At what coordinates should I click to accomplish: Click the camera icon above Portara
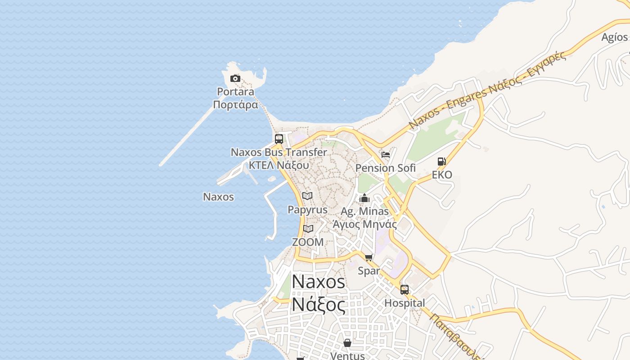pyautogui.click(x=235, y=79)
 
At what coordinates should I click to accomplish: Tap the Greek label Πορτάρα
pyautogui.click(x=236, y=105)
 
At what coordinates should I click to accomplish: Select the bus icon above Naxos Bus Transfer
pyautogui.click(x=279, y=139)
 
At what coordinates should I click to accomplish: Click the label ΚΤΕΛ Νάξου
pyautogui.click(x=279, y=165)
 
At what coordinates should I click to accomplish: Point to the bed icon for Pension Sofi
pyautogui.click(x=386, y=155)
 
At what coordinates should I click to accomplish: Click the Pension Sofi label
pyautogui.click(x=386, y=168)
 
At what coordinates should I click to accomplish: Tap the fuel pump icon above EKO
pyautogui.click(x=442, y=162)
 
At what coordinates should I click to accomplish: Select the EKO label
pyautogui.click(x=442, y=175)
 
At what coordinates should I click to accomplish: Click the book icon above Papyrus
pyautogui.click(x=307, y=196)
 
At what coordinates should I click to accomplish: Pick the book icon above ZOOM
pyautogui.click(x=308, y=229)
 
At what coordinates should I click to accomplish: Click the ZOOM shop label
pyautogui.click(x=308, y=242)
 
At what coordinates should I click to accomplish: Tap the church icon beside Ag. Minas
pyautogui.click(x=364, y=198)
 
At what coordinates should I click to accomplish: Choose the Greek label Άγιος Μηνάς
pyautogui.click(x=364, y=224)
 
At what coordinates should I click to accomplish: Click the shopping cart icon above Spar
pyautogui.click(x=369, y=257)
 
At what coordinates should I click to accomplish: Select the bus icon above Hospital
pyautogui.click(x=405, y=290)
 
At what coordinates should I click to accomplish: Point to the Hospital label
pyautogui.click(x=405, y=303)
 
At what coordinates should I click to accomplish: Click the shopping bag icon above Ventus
pyautogui.click(x=347, y=343)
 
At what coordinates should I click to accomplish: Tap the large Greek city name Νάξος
pyautogui.click(x=319, y=305)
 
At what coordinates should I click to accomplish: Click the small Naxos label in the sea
pyautogui.click(x=219, y=197)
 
